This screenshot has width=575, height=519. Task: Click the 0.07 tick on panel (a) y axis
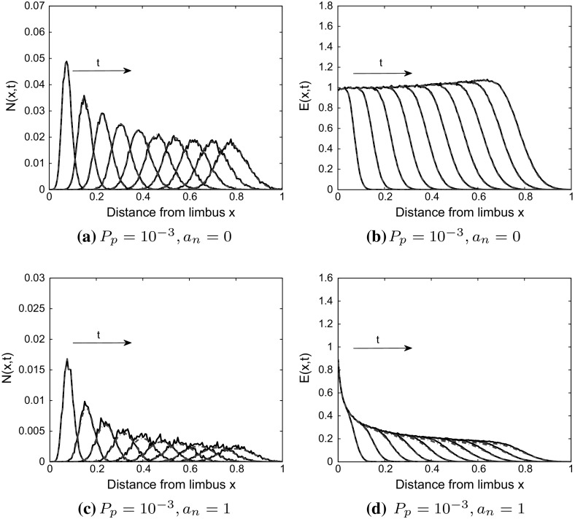[x=31, y=6]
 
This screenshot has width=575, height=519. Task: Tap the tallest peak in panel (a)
[x=66, y=62]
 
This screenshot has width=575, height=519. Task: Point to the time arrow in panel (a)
[x=101, y=71]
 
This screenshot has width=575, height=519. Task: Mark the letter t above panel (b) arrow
[x=381, y=63]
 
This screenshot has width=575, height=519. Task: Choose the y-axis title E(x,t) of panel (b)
[x=299, y=96]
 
